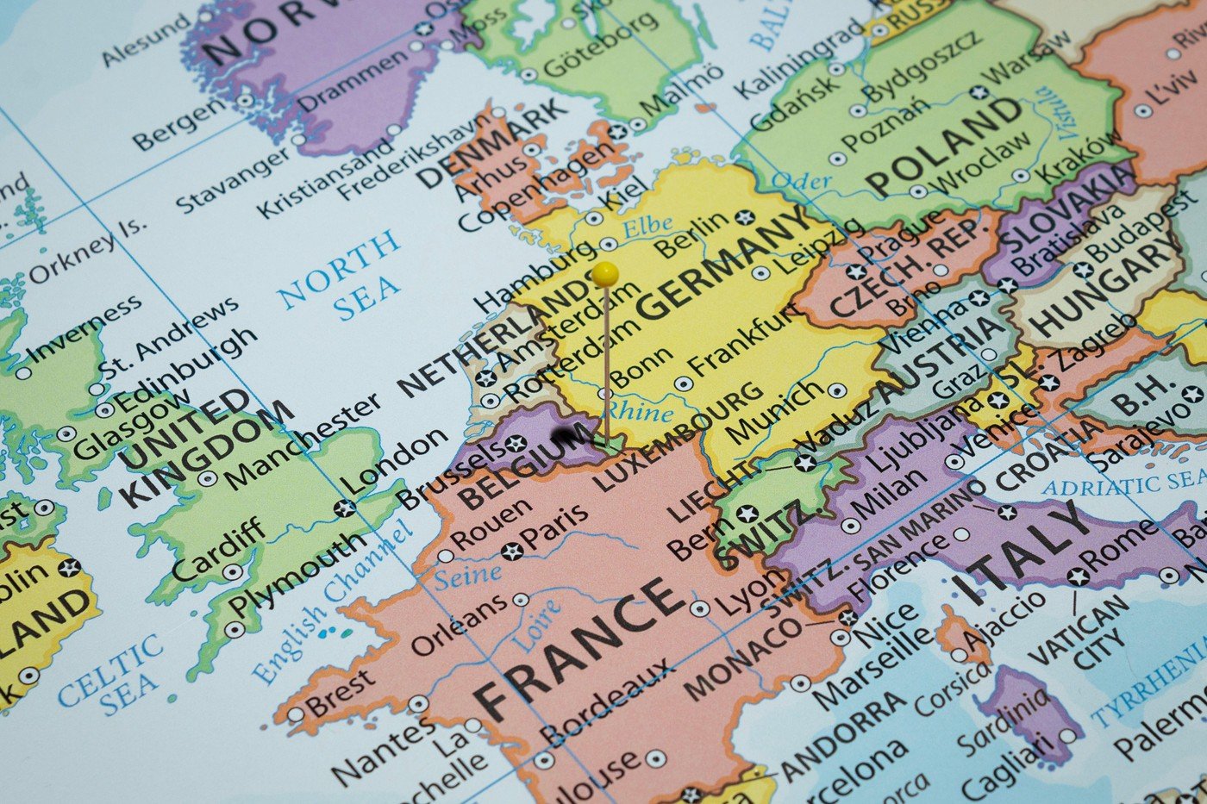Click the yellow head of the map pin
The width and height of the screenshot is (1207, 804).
[x=605, y=274]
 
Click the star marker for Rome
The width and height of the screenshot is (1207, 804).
[x=1079, y=577]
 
